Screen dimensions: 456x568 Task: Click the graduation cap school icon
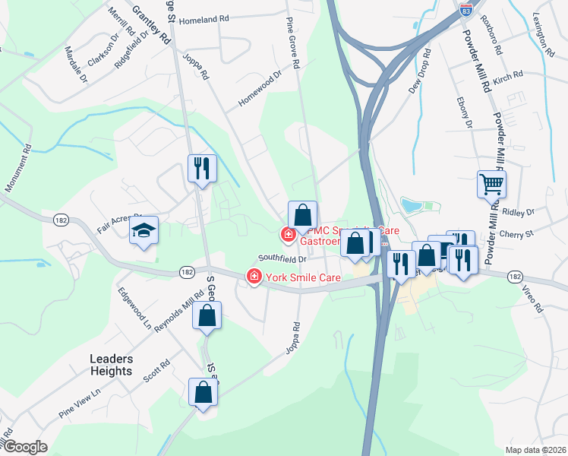143,231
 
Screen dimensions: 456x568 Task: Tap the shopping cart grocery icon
491,184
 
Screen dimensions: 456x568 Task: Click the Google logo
24,447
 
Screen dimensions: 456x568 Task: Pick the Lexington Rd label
544,34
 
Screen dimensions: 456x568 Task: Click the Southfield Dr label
281,258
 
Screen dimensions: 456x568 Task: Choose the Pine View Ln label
79,404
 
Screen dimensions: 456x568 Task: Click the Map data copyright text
535,449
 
